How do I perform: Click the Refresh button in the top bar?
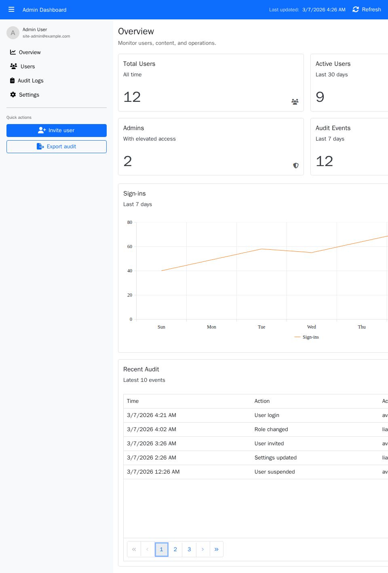[367, 10]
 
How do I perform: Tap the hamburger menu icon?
[11, 10]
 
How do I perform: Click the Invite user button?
[57, 131]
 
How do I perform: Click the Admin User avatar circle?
[13, 33]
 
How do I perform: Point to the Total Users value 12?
[132, 97]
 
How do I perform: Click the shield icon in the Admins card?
[296, 165]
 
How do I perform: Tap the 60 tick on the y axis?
[130, 246]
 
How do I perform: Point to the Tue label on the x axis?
[261, 327]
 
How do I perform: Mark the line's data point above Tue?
[261, 249]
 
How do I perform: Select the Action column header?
[262, 401]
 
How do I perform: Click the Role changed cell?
[271, 430]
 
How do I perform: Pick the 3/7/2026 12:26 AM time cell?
[153, 472]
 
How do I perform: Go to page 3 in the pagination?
[189, 550]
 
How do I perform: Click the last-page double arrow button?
[216, 550]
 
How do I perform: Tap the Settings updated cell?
[276, 458]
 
